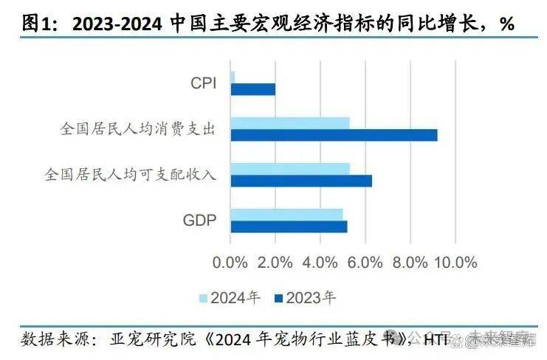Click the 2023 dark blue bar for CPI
tap(252, 89)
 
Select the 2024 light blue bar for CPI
tap(233, 77)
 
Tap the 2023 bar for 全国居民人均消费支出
tap(334, 135)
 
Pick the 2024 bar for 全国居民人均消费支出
tap(290, 123)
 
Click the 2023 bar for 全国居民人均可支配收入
tap(301, 181)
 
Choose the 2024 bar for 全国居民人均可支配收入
tap(290, 169)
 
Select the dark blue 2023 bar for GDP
tap(289, 226)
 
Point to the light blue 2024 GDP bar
tap(286, 215)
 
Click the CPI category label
tap(203, 83)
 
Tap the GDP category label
tap(199, 220)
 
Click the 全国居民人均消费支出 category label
tap(137, 129)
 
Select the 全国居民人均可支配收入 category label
tap(130, 175)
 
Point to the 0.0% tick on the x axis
tap(230, 263)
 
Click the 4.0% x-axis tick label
tap(320, 263)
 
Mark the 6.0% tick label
tap(365, 263)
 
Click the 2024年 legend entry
tap(230, 299)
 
